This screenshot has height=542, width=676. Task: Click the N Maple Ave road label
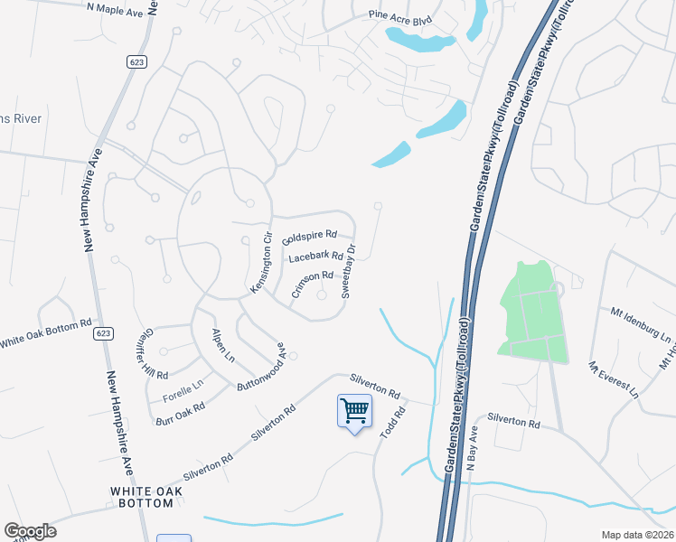(x=115, y=8)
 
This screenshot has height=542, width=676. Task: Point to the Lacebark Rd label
(x=315, y=257)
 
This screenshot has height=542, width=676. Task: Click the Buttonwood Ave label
(x=260, y=366)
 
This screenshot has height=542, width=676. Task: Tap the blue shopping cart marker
(x=354, y=412)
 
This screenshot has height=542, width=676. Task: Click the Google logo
(x=30, y=531)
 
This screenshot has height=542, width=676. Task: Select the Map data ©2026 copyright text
(x=637, y=535)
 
